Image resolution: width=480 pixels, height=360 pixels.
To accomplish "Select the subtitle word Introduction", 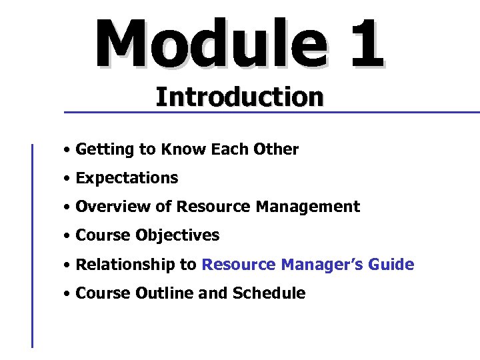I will [x=239, y=97].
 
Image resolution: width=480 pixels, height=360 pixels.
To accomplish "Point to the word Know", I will [x=183, y=149].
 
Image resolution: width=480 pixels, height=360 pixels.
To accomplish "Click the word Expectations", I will [x=127, y=179].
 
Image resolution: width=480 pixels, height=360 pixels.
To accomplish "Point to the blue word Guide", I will [x=393, y=265].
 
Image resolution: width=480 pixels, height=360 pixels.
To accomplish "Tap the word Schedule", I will [x=269, y=293].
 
